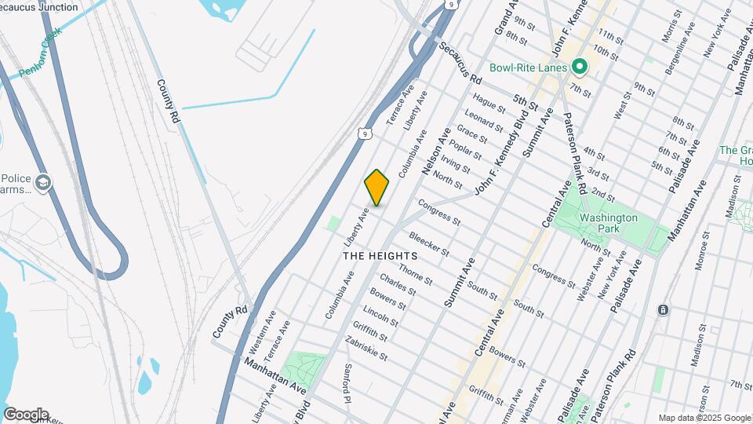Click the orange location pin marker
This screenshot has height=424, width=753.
click(377, 188)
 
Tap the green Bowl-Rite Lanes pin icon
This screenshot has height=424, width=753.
click(580, 68)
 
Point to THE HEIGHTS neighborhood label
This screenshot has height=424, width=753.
click(380, 256)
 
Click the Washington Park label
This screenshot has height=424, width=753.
click(608, 222)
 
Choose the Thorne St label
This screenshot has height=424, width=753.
click(415, 275)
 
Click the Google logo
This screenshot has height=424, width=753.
click(26, 415)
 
